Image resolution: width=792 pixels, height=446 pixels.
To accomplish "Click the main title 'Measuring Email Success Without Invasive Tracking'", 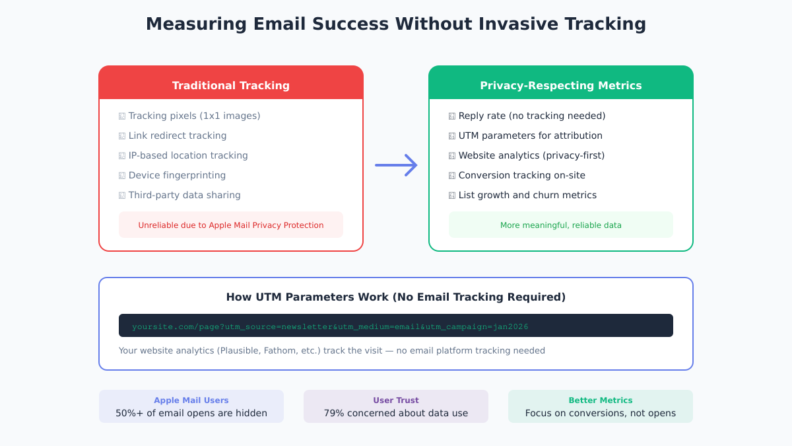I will click(x=396, y=24).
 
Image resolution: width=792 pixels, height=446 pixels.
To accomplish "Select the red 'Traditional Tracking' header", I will click(x=231, y=85).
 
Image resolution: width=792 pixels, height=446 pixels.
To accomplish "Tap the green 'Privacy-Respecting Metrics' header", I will click(x=561, y=85).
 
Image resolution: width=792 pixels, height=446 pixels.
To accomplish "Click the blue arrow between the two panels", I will click(x=396, y=165).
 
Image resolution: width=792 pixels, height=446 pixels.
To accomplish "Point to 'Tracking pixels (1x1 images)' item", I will click(x=194, y=116).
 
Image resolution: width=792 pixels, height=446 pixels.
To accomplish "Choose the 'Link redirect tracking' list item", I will click(x=177, y=135).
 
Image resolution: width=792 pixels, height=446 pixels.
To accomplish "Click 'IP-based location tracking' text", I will click(x=188, y=155).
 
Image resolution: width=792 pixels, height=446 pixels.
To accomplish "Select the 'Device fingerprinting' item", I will click(x=177, y=175).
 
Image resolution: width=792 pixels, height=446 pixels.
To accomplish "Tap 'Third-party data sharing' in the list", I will click(x=184, y=195).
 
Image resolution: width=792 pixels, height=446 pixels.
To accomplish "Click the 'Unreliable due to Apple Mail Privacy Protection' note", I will click(x=231, y=225).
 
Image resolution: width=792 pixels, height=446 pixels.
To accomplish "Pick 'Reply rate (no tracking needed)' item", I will click(x=531, y=116).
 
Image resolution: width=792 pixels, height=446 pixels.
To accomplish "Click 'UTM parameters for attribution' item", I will click(x=530, y=135).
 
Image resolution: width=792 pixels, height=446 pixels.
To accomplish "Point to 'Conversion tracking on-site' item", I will click(x=521, y=175).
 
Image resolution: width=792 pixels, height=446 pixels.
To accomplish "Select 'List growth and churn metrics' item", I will click(x=527, y=195).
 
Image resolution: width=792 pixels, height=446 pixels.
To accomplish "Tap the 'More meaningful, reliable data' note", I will click(x=561, y=225).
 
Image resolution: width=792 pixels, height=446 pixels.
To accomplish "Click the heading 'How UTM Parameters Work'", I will click(x=396, y=297).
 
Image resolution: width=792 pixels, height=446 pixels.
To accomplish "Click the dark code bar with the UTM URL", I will click(x=396, y=326).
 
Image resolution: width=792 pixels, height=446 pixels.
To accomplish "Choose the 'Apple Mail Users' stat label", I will click(x=191, y=400).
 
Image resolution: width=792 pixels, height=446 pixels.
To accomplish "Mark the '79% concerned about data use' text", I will click(x=396, y=414).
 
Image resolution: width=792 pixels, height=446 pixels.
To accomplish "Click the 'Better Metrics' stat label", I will click(x=601, y=400).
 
